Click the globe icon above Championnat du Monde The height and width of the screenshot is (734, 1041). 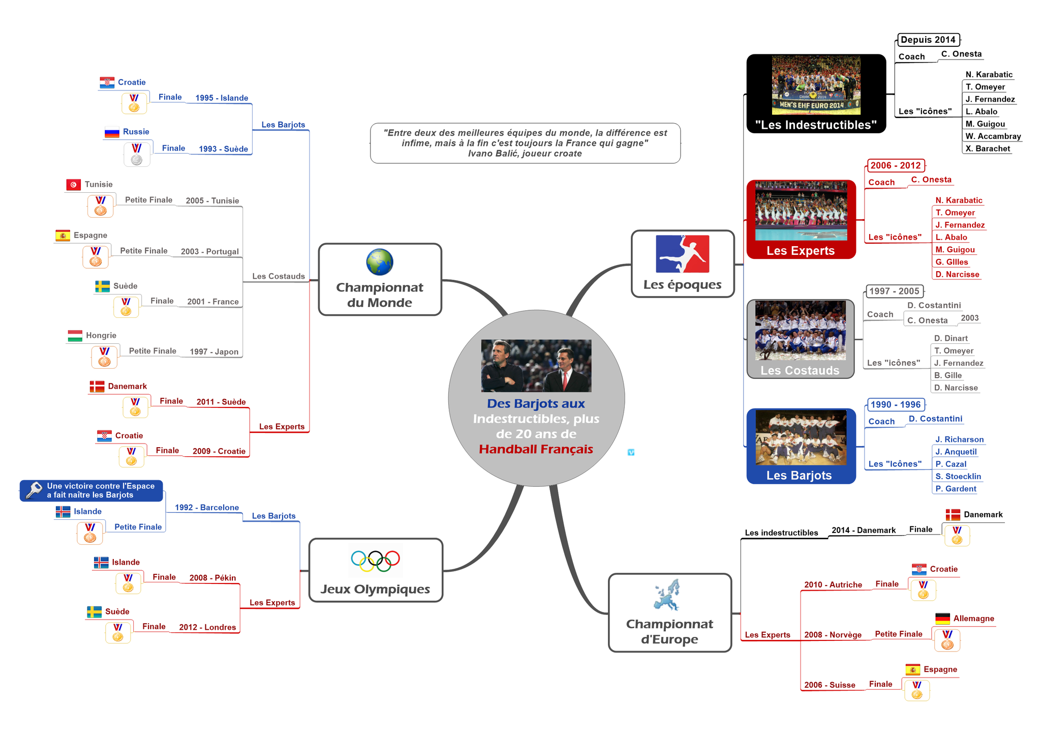click(x=379, y=262)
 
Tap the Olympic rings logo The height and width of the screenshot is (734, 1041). click(x=375, y=560)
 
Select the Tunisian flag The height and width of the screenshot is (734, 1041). click(x=73, y=185)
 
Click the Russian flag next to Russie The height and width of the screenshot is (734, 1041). click(x=111, y=132)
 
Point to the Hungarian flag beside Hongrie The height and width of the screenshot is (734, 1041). click(x=75, y=336)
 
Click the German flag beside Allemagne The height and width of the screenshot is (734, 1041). click(x=942, y=619)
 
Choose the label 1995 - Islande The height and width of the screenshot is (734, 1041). click(x=222, y=98)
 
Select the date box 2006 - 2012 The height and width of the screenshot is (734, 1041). click(x=895, y=165)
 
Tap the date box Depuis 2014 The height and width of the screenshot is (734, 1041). click(x=928, y=40)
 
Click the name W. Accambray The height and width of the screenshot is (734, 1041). click(x=993, y=136)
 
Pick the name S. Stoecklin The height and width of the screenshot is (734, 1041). click(x=958, y=477)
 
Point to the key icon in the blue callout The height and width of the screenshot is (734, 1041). click(x=34, y=490)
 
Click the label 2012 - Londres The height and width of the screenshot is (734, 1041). click(x=207, y=627)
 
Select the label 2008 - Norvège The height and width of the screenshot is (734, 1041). click(x=833, y=635)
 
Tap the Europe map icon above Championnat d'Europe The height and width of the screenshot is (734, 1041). click(x=666, y=595)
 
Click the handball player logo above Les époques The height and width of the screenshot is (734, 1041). click(x=682, y=254)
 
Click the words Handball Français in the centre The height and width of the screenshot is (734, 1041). click(x=536, y=449)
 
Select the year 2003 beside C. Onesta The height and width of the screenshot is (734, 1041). click(x=969, y=318)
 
